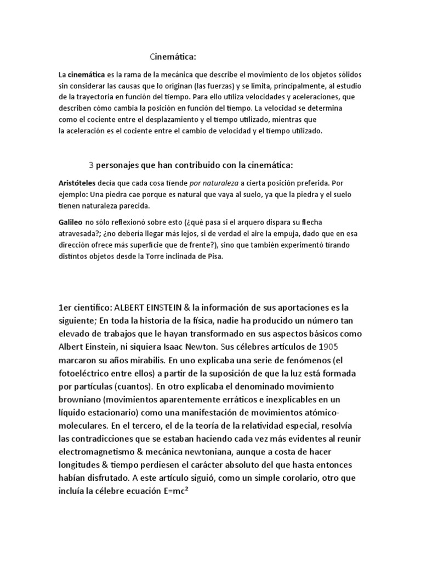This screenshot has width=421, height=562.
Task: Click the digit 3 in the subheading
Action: coord(91,165)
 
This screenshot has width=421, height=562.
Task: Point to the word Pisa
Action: coord(213,257)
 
